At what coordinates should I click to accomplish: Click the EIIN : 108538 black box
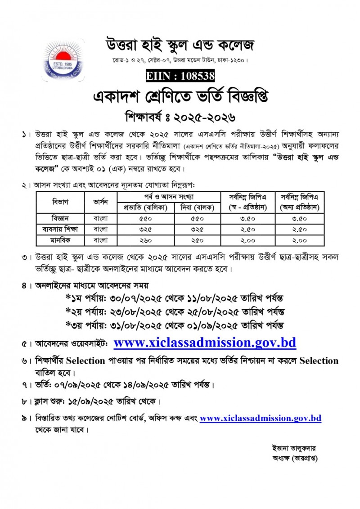(x=180, y=76)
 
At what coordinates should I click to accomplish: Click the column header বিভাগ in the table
(x=60, y=202)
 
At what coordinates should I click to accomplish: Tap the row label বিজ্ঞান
(x=60, y=218)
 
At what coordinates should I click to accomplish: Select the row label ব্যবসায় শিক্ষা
(x=60, y=229)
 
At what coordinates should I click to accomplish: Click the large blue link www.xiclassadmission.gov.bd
(x=205, y=342)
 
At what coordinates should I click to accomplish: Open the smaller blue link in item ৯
(x=260, y=418)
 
